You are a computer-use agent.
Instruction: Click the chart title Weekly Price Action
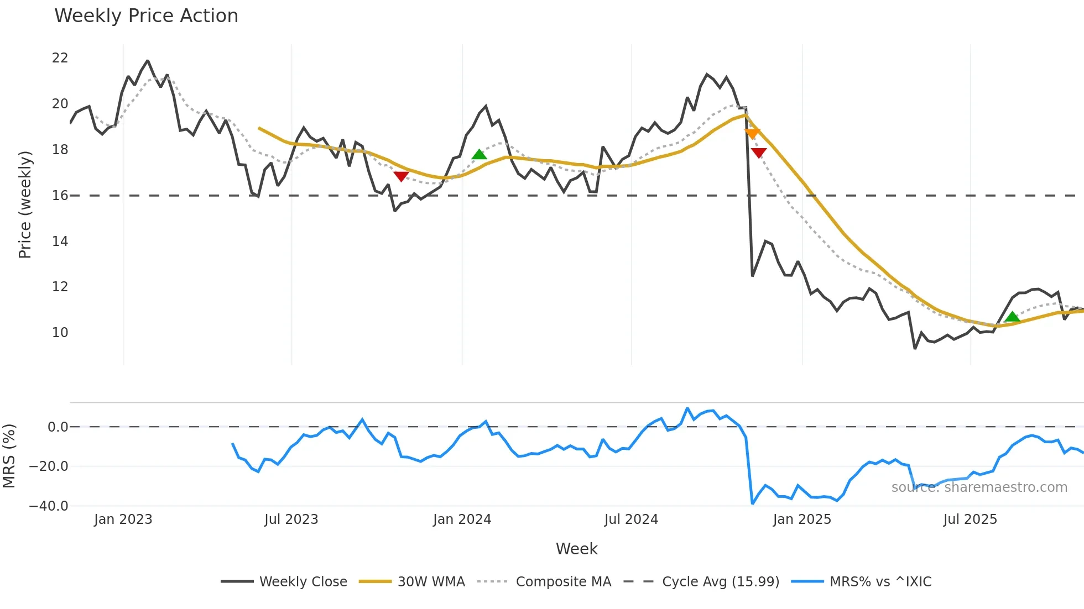(x=146, y=16)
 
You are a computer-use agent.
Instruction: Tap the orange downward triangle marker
(x=752, y=133)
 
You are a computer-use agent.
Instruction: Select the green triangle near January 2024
(x=479, y=154)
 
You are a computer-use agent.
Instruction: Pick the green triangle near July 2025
(x=1012, y=317)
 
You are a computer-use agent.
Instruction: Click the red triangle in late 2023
(x=401, y=176)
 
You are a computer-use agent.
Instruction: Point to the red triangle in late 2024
(x=759, y=153)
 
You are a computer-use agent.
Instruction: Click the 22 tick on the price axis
(x=60, y=58)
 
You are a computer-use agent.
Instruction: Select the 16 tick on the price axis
(x=60, y=196)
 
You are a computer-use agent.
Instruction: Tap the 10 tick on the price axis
(x=60, y=333)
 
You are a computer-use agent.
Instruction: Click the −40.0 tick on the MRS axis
(x=49, y=506)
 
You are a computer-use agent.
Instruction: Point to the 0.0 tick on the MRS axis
(x=58, y=427)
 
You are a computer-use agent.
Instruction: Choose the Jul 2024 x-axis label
(x=631, y=519)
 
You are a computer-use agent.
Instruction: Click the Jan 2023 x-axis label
(x=123, y=519)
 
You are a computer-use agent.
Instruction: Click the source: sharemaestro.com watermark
(x=979, y=487)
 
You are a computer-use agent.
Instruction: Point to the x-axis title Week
(x=576, y=549)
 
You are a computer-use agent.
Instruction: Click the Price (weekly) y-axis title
(x=25, y=204)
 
